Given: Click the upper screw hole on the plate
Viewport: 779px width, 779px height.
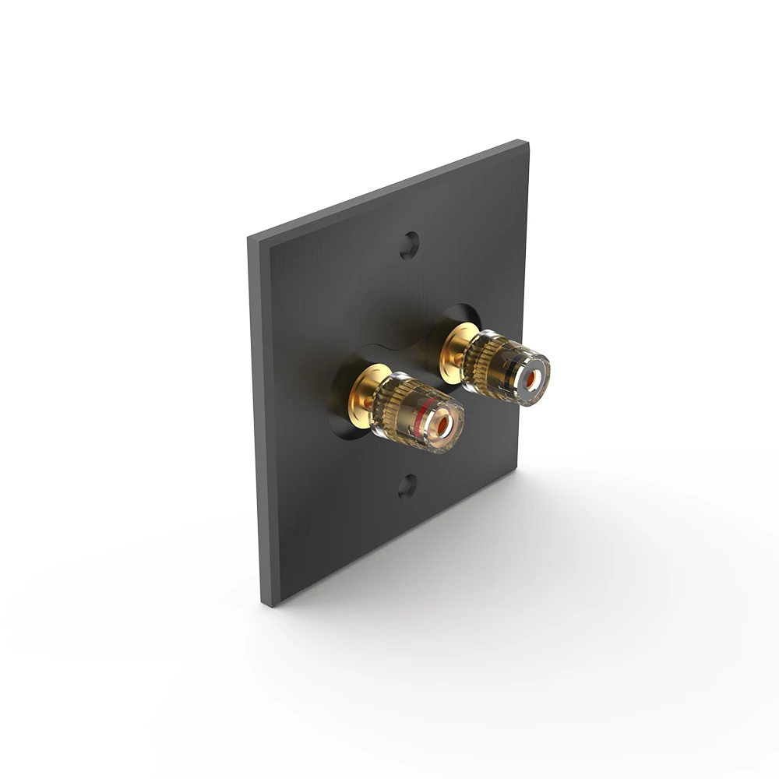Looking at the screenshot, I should (409, 245).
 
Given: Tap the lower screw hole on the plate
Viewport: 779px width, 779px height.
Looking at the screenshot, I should (407, 487).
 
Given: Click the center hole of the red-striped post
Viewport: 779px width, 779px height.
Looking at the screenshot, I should (441, 425).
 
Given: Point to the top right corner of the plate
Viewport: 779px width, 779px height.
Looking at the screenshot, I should (527, 143).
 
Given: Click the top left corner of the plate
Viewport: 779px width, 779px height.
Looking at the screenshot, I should (250, 237).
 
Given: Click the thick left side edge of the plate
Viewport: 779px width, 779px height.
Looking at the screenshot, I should (255, 421).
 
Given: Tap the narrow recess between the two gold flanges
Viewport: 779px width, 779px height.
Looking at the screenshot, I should (413, 358).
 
